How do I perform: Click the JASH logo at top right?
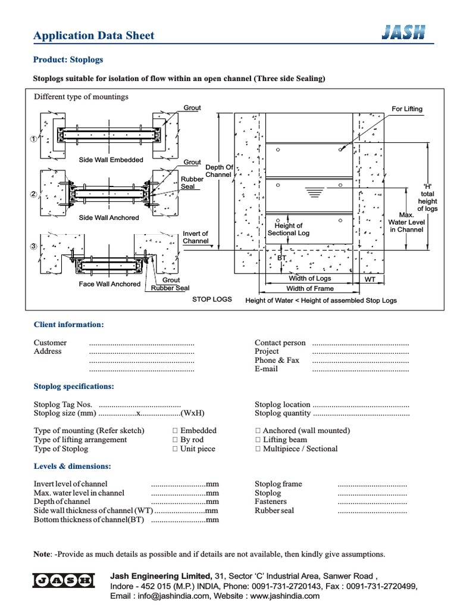point(403,34)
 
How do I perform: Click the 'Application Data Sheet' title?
point(93,36)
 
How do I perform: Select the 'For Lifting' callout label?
point(407,109)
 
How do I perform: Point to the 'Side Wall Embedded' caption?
point(111,160)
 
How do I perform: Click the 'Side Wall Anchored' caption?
point(109,218)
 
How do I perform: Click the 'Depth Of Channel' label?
point(219,172)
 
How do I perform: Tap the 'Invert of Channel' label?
point(196,238)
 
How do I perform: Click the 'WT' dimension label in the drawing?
point(370,279)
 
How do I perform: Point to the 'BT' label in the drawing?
point(282,258)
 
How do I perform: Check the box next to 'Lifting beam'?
point(258,440)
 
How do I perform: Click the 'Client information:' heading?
point(68,325)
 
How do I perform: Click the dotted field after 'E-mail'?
point(361,369)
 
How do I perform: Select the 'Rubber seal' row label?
point(274,511)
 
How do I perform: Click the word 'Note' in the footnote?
point(42,554)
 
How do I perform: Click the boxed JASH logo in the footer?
point(63,580)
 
